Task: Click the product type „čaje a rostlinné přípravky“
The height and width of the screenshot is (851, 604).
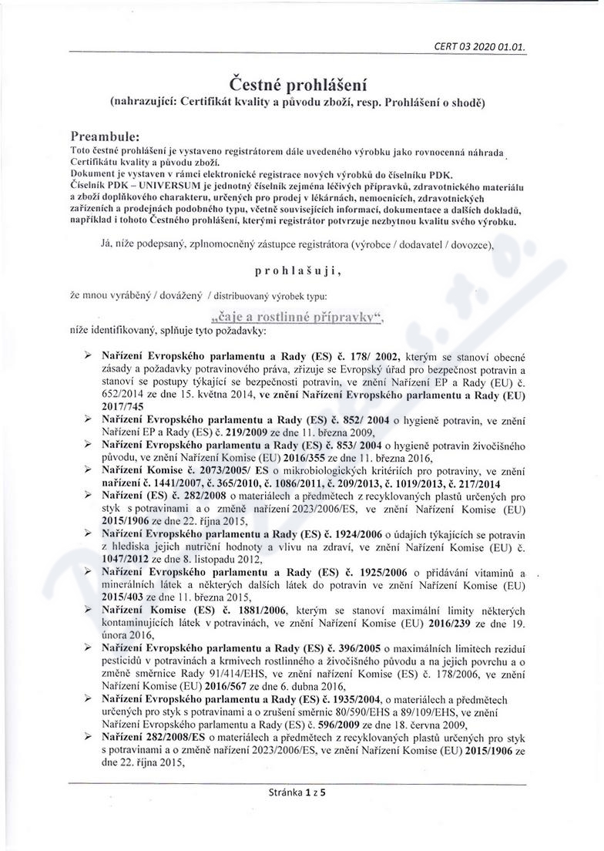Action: point(296,316)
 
